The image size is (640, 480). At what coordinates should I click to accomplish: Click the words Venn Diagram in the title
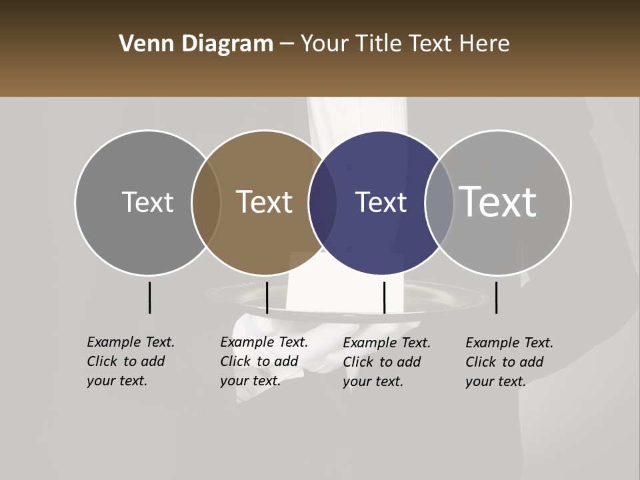tap(196, 44)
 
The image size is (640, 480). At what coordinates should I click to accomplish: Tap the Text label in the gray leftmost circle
tap(147, 202)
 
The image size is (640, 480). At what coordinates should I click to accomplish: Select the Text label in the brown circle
tap(264, 202)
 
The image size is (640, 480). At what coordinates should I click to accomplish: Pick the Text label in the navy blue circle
tap(381, 202)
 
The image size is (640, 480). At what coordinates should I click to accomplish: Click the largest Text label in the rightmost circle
tap(498, 202)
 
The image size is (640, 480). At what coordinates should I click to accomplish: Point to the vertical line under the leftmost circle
tap(149, 297)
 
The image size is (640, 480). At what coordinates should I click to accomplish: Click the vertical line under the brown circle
tap(267, 297)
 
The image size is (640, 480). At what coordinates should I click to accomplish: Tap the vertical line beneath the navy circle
tap(384, 297)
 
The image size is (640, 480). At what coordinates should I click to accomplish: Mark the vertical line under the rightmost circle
tap(496, 297)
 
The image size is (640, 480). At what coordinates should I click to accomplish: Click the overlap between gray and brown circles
tap(206, 202)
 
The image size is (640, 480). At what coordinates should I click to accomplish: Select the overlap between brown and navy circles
tap(323, 202)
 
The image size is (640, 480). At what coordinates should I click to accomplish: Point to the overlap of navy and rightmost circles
tap(439, 202)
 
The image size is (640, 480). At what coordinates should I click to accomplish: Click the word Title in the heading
tap(381, 44)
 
